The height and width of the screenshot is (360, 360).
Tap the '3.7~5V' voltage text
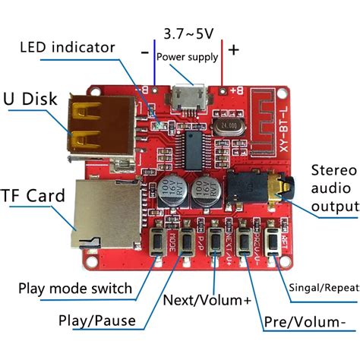188,33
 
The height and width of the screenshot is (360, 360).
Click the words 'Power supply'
187,57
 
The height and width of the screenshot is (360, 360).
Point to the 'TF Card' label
35,196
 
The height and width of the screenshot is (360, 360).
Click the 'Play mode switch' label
75,289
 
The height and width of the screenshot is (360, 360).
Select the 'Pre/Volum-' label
302,323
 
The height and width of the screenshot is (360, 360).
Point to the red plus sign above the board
234,50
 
